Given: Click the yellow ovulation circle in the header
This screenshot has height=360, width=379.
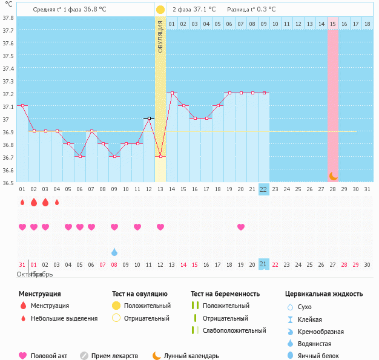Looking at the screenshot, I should (160, 10).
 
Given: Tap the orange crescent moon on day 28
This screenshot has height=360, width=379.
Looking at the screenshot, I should (333, 175).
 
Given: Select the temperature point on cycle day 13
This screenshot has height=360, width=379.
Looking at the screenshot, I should (160, 156).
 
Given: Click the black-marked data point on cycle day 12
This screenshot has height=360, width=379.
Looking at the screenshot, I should (149, 118).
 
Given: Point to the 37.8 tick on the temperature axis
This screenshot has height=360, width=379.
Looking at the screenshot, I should (8, 18).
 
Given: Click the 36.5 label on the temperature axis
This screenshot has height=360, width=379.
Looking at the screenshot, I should (8, 183).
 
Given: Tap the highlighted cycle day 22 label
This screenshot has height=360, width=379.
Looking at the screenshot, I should (263, 189).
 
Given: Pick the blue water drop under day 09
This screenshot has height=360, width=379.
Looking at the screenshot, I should (114, 252).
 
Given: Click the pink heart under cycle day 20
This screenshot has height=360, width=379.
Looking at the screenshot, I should (241, 227).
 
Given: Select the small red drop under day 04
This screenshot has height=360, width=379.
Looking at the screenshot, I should (57, 202).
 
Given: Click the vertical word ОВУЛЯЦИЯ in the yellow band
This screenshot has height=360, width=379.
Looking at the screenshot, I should (160, 36).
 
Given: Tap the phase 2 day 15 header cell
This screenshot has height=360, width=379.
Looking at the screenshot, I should (333, 24).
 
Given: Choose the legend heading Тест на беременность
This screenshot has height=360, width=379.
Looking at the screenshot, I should (225, 293).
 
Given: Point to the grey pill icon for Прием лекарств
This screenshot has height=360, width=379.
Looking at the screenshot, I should (84, 356).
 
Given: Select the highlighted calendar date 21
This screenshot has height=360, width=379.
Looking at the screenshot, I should (263, 264).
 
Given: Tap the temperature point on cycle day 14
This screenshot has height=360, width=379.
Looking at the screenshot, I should (172, 93).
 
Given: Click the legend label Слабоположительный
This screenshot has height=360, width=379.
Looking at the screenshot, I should (234, 330).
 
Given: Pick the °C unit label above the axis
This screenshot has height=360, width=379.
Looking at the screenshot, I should (8, 5).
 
